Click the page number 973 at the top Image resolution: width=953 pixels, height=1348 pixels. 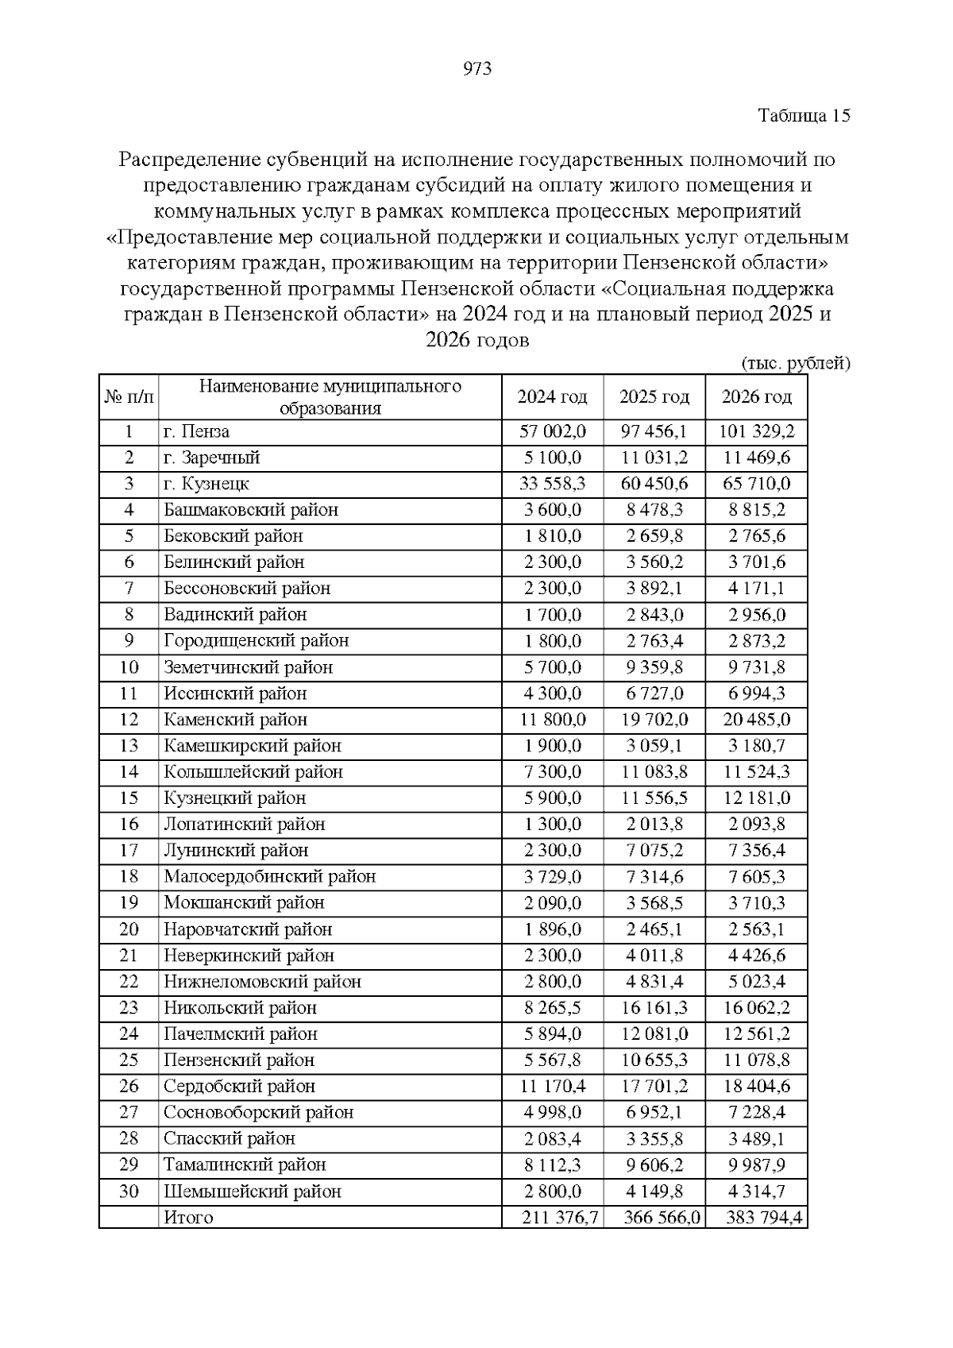click(x=476, y=69)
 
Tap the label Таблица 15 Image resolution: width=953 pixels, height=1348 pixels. click(x=804, y=116)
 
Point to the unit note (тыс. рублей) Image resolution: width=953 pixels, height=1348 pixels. click(x=795, y=364)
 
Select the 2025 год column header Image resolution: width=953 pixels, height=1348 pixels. click(x=654, y=396)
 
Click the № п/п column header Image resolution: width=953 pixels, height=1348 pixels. click(x=129, y=396)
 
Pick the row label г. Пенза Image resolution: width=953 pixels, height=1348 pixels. click(x=197, y=431)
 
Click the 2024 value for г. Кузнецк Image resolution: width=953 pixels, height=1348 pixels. click(x=553, y=484)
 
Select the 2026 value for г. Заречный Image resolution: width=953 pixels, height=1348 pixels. click(x=756, y=458)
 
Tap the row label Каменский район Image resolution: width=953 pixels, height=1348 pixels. click(x=235, y=720)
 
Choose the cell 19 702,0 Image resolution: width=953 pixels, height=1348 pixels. click(x=654, y=720)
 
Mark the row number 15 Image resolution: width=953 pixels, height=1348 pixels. click(x=129, y=798)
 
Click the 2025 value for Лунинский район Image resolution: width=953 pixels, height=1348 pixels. click(x=654, y=851)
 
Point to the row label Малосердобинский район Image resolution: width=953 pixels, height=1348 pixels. click(x=270, y=877)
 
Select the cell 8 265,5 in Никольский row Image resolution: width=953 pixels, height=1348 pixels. click(x=553, y=1008)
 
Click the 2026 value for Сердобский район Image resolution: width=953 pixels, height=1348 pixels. click(x=756, y=1087)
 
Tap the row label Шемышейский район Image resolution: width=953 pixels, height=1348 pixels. click(x=253, y=1192)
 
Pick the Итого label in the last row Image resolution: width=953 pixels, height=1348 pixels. click(x=188, y=1218)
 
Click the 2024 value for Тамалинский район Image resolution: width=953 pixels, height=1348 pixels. click(x=553, y=1165)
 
